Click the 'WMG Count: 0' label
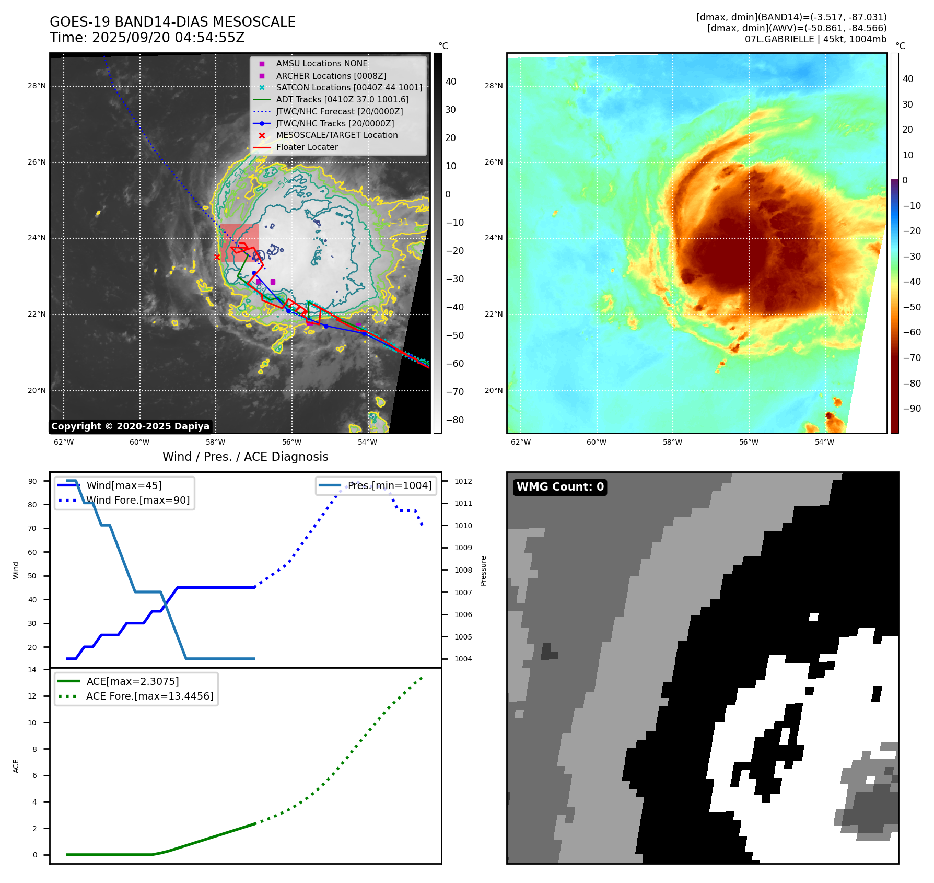[x=560, y=487]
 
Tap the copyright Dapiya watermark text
[x=130, y=426]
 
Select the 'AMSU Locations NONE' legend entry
[x=322, y=64]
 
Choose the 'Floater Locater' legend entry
[x=307, y=147]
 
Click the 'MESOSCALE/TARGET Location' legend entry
[x=336, y=135]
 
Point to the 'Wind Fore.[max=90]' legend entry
[x=138, y=501]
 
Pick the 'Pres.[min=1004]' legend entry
[x=390, y=486]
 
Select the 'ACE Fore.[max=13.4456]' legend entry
[x=149, y=696]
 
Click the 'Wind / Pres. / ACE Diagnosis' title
[x=246, y=457]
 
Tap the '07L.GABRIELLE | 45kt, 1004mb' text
[x=815, y=39]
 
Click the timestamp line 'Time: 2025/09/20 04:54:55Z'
[x=147, y=38]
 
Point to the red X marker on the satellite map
[x=217, y=257]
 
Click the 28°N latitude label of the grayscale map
[x=37, y=86]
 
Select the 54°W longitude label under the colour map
[x=824, y=443]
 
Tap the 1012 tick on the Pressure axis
[x=463, y=481]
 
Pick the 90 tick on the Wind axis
[x=32, y=481]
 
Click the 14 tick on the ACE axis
[x=32, y=670]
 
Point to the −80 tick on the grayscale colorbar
[x=454, y=420]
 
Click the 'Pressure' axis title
[x=484, y=571]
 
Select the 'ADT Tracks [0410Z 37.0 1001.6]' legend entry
[x=342, y=100]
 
